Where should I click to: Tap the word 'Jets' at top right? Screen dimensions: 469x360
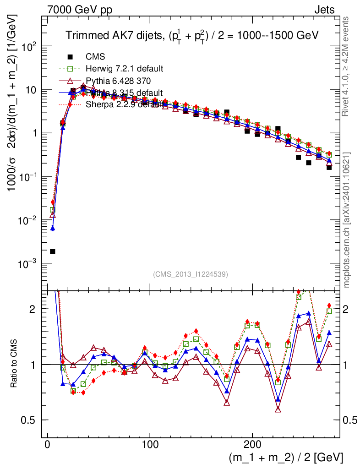coord(324,10)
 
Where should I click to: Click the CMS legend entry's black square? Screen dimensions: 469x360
coord(70,57)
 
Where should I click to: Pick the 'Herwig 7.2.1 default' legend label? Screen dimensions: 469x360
coord(125,69)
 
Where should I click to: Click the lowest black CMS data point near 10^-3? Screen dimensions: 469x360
coord(53,251)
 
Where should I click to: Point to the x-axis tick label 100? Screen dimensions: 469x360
coord(150,445)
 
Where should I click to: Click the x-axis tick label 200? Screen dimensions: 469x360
coord(252,445)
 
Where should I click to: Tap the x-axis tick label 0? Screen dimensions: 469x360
coord(47,445)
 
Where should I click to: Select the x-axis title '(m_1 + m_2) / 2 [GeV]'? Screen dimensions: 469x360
coord(286,458)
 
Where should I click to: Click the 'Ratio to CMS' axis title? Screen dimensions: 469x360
coord(14,365)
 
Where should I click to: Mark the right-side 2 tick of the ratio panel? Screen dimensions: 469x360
coord(349,309)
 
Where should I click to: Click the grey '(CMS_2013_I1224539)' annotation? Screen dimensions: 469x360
coord(191,274)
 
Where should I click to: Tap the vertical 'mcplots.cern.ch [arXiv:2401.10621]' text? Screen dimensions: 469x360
coord(347,220)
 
